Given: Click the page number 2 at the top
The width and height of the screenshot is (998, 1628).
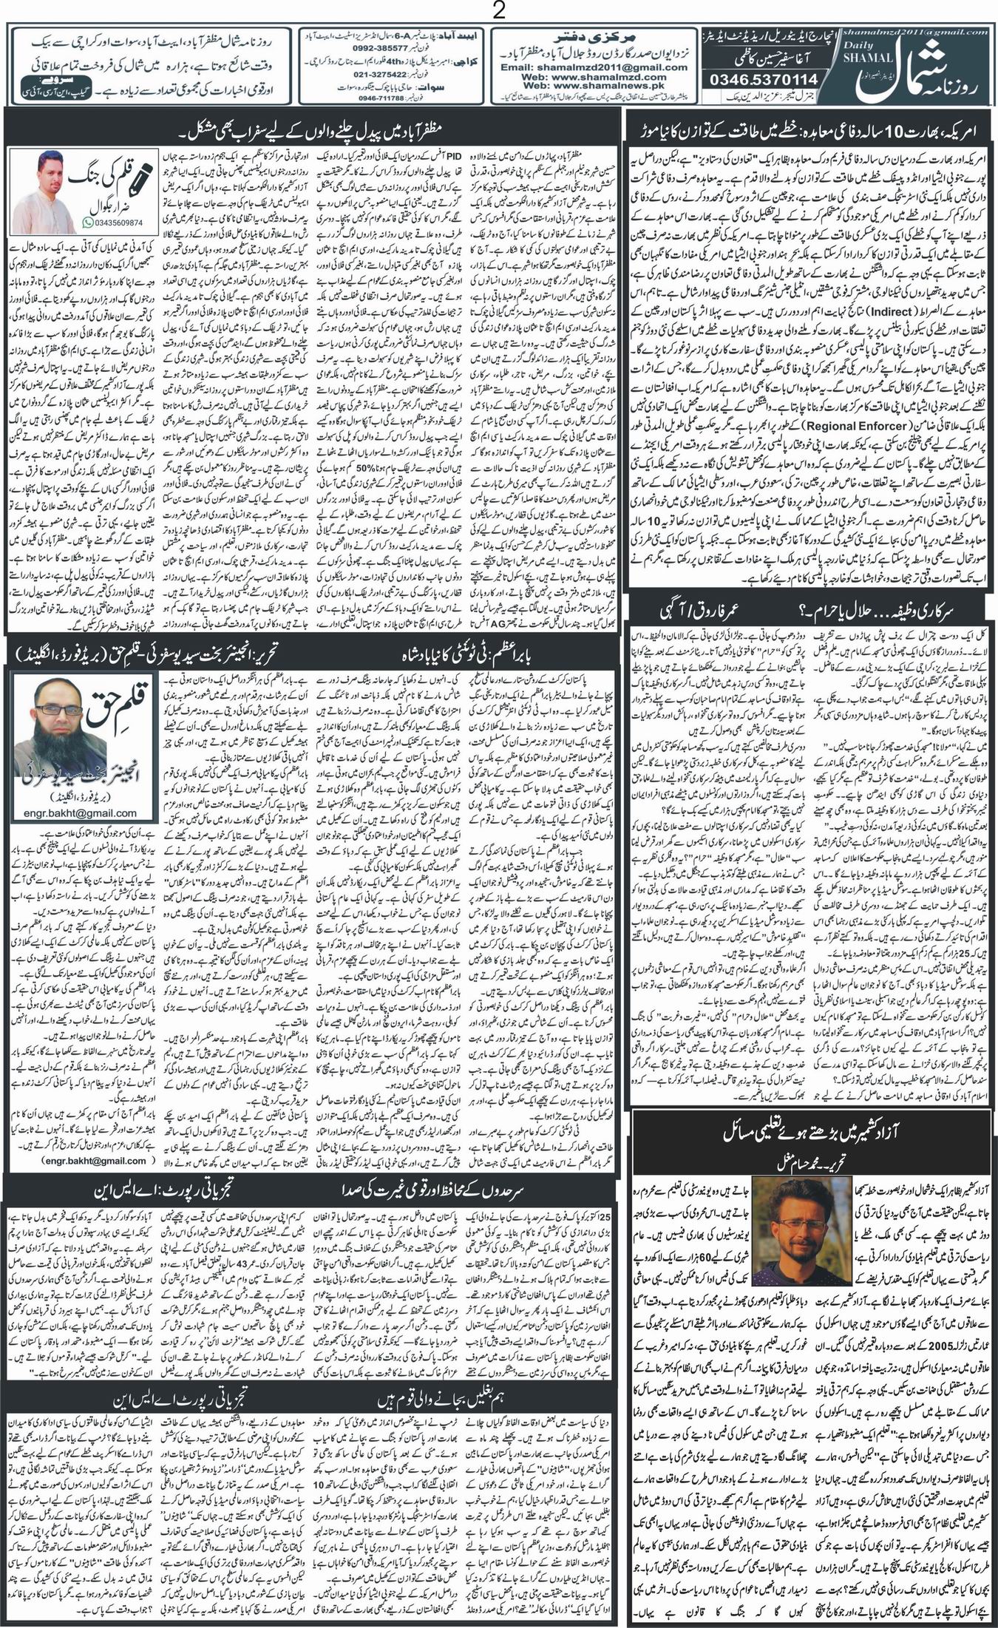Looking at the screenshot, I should coord(498,11).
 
